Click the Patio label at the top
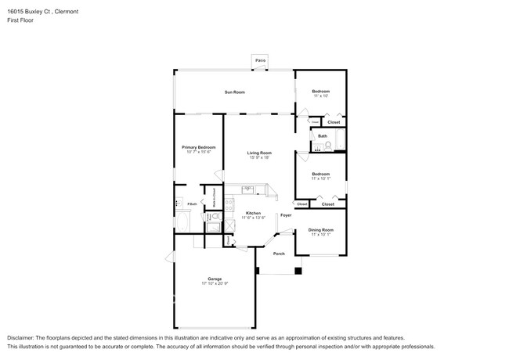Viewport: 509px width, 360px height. coord(260,60)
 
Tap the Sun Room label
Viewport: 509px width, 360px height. coord(235,92)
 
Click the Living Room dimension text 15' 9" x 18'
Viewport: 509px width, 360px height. coord(259,158)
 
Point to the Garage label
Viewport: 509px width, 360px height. coord(215,279)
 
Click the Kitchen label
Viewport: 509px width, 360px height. coord(253,213)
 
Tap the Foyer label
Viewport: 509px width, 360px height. coord(286,214)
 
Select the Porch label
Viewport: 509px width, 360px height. coord(278,254)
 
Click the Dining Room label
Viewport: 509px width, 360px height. coord(321,230)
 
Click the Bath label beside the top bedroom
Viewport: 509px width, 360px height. coord(323,136)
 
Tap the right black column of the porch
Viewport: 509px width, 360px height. coord(298,272)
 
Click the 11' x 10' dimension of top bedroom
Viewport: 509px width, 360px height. coord(320,96)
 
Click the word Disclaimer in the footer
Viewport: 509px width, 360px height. coord(23,337)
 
